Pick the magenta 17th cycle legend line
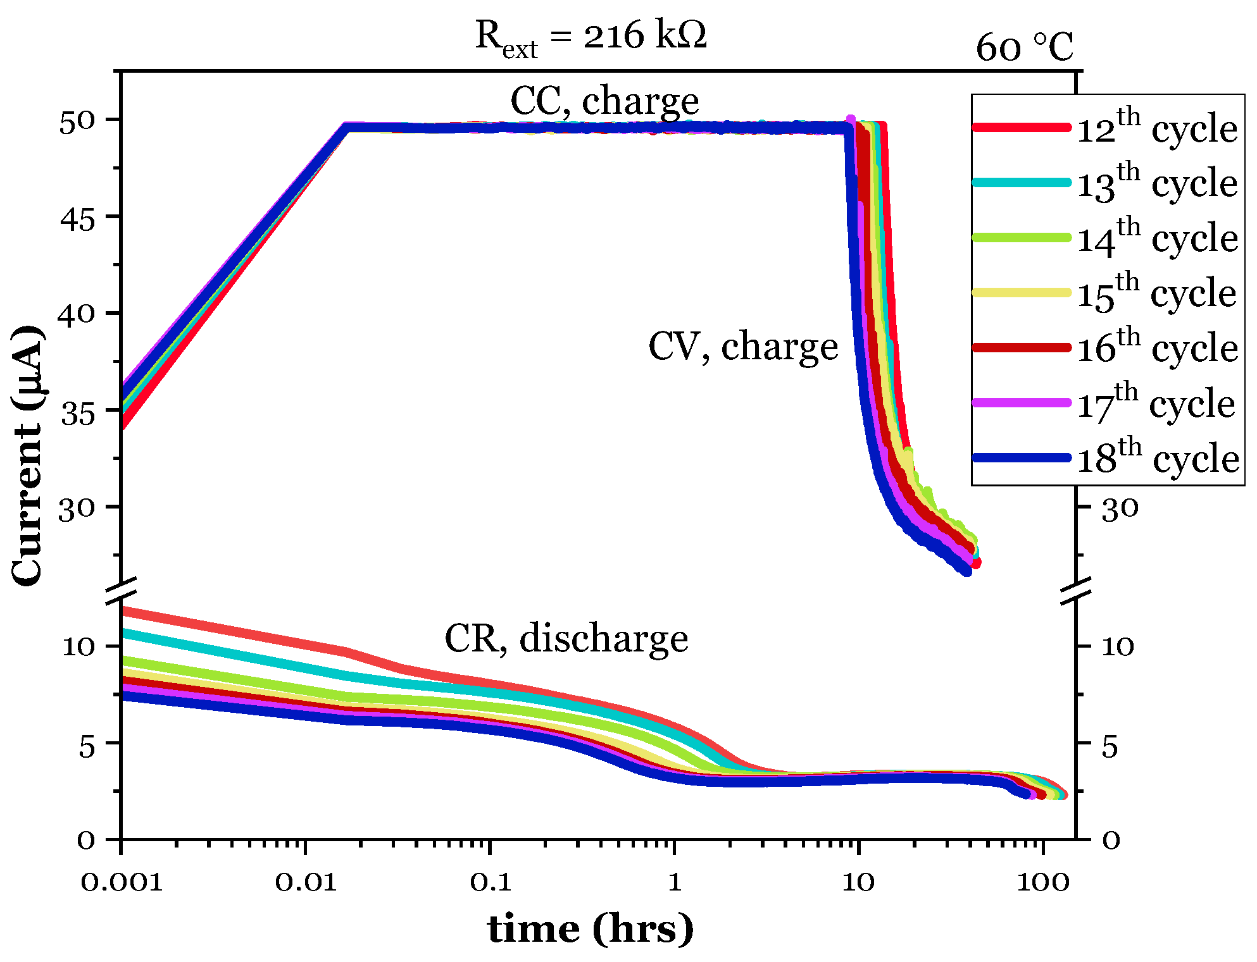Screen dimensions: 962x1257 tap(1021, 402)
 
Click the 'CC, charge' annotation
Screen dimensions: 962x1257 tap(604, 101)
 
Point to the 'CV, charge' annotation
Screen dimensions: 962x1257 tap(743, 347)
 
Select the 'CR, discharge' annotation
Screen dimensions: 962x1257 tap(566, 639)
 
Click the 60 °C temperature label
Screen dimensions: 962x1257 tap(1024, 47)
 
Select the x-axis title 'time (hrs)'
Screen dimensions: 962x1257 tap(590, 929)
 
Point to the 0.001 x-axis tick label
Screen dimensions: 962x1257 tap(122, 882)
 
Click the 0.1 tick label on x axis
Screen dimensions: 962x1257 tap(491, 882)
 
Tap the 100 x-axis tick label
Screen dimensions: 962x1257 tap(1042, 882)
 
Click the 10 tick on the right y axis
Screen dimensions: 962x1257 tap(1118, 646)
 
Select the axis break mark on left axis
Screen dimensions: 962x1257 tap(121, 589)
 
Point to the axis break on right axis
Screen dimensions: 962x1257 tap(1076, 589)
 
